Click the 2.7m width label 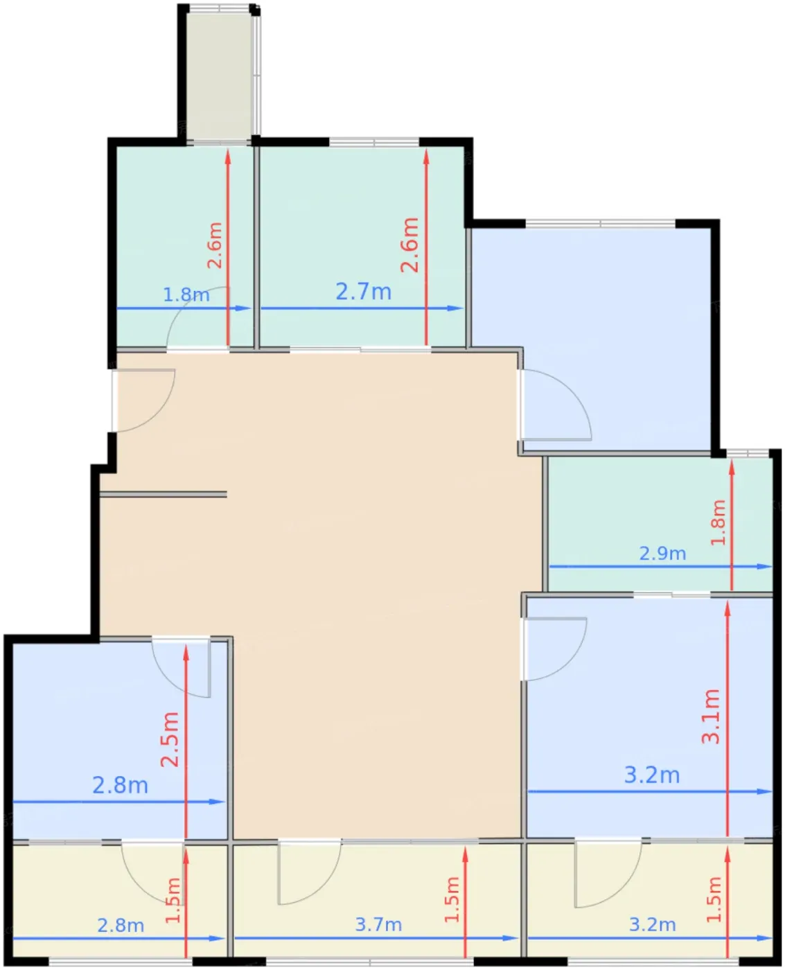tap(363, 292)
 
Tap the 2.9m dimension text tap(662, 554)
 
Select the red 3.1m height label tap(710, 716)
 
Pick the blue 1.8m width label tap(186, 294)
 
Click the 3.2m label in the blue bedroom tap(651, 775)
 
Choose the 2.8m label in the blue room tap(120, 786)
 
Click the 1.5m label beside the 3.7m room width tap(452, 899)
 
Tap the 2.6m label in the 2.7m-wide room tap(409, 245)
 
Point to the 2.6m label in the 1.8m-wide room tap(215, 245)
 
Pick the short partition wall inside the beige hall tap(163, 494)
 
